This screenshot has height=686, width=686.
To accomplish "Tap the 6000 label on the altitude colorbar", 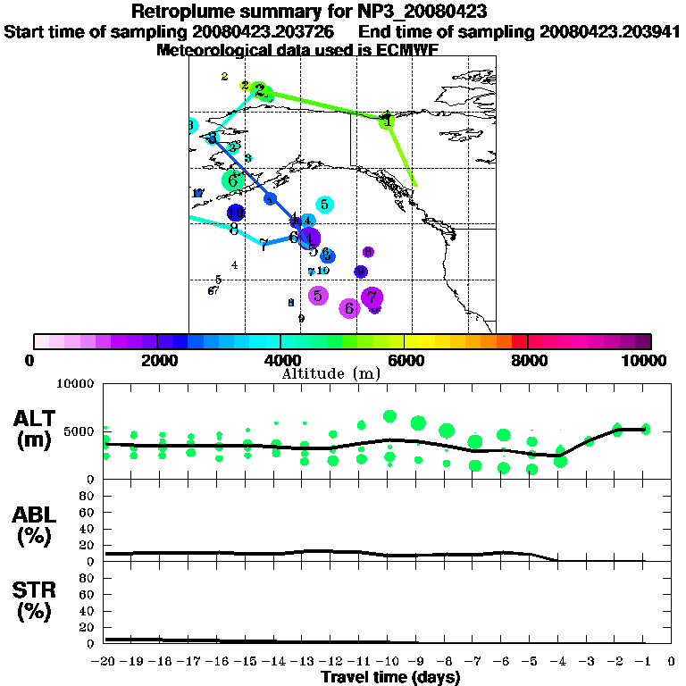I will click(x=405, y=360).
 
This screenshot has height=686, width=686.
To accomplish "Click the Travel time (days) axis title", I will click(x=390, y=677).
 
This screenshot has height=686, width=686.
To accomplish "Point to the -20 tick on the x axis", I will click(x=105, y=662).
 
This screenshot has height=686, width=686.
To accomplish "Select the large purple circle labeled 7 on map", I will click(x=372, y=297).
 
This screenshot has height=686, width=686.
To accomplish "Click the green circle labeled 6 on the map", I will click(x=233, y=180).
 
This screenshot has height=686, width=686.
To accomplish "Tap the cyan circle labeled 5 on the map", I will click(x=325, y=205).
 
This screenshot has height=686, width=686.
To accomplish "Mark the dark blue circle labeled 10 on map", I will click(x=236, y=213).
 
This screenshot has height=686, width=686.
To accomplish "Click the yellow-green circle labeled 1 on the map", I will click(x=387, y=121).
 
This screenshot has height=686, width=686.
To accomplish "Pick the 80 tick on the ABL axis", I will click(x=88, y=495).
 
